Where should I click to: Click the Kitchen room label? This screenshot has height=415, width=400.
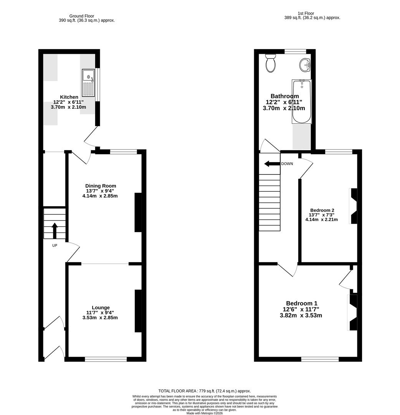(69, 97)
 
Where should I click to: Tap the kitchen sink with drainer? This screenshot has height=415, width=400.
(88, 83)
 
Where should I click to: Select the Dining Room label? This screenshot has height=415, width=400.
(101, 186)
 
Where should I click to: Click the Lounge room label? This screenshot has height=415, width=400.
(101, 307)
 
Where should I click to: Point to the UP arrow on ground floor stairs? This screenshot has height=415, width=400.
(55, 230)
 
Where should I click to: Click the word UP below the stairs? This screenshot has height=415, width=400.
(55, 245)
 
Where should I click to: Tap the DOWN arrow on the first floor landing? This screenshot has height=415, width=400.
(272, 164)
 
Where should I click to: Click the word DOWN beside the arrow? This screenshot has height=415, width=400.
(287, 164)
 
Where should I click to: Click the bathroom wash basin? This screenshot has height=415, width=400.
(305, 65)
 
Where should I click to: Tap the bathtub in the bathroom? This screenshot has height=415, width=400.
(301, 101)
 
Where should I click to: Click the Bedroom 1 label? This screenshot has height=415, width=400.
(301, 303)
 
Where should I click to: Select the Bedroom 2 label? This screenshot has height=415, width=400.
(322, 210)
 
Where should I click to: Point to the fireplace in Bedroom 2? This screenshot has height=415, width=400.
(353, 206)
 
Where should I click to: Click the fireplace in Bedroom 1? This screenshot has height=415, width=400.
(352, 312)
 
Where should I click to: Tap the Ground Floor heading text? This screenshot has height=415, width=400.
(81, 16)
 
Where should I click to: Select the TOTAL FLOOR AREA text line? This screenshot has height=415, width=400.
(204, 390)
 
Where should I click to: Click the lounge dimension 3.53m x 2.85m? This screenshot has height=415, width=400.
(100, 318)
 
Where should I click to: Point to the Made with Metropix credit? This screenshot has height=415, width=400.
(204, 413)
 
